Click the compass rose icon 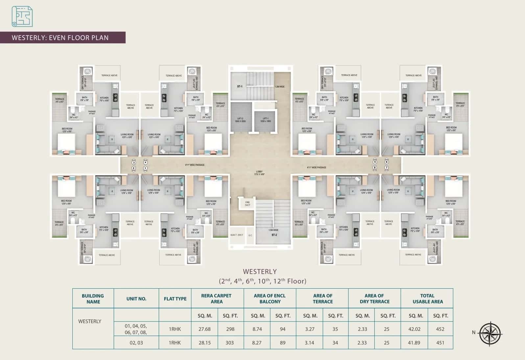(490, 334)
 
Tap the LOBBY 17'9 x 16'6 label (260, 173)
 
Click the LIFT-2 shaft (240, 120)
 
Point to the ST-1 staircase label (240, 86)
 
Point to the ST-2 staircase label (274, 235)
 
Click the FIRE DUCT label (248, 204)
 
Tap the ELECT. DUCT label (237, 235)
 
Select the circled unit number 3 (133, 162)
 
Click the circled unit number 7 (387, 168)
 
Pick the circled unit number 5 (375, 162)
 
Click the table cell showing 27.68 (204, 329)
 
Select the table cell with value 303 (229, 343)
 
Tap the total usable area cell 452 (440, 329)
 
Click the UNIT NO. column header (136, 299)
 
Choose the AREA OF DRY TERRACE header (374, 299)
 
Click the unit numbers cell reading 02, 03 (136, 343)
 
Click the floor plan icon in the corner (22, 16)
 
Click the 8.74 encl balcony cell (257, 329)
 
